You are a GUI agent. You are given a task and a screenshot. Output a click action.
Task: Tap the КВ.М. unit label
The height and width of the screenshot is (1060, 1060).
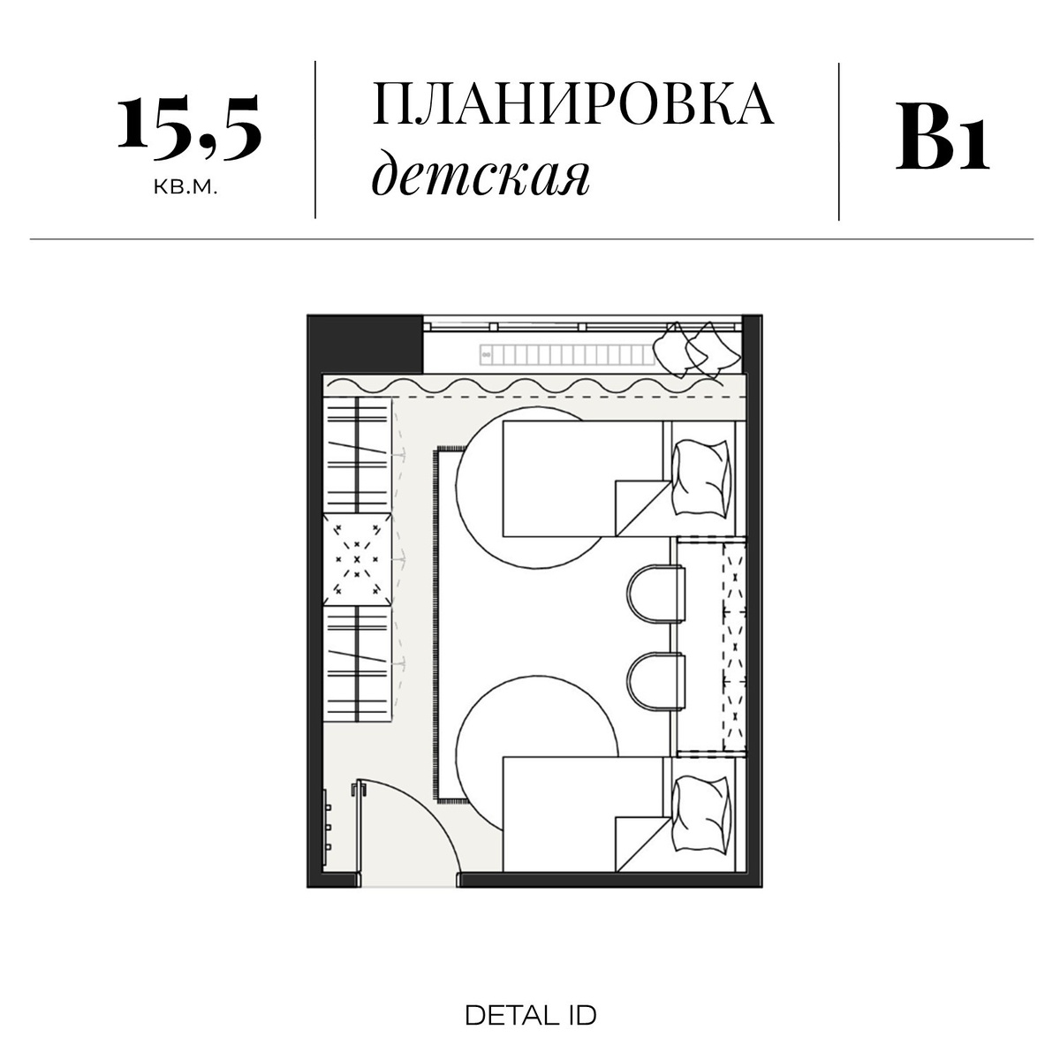point(185,188)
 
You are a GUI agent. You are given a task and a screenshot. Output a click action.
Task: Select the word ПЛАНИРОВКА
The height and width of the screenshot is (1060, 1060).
point(573,105)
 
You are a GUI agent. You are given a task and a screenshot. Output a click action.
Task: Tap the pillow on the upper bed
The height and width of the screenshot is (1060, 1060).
point(702,478)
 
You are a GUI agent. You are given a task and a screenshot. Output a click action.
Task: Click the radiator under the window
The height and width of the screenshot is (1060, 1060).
point(565,354)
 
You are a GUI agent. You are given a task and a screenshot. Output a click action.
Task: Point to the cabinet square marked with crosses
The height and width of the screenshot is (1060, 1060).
point(358,559)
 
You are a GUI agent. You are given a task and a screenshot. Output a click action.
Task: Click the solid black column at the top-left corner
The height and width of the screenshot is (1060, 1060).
point(364,344)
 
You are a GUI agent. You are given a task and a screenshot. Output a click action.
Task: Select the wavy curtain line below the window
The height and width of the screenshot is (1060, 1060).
point(530,387)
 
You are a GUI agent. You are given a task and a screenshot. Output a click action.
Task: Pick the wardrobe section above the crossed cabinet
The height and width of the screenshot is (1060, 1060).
point(358,454)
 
